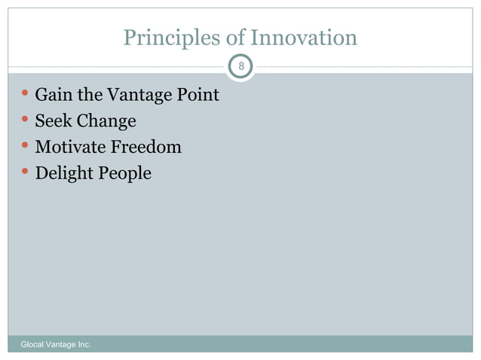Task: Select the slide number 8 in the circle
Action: [x=240, y=68]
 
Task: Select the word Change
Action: [x=106, y=121]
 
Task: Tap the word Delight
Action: [x=63, y=173]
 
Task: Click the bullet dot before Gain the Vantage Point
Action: [x=26, y=95]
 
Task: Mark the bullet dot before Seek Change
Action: [x=26, y=121]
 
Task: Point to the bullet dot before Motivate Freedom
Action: [x=26, y=146]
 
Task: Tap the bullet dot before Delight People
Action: [x=26, y=172]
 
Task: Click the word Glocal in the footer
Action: [x=33, y=344]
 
